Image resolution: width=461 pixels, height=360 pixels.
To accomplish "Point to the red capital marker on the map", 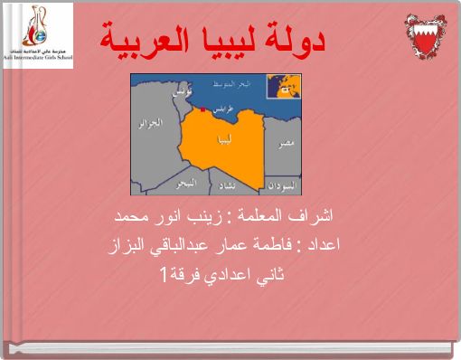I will (x=204, y=111).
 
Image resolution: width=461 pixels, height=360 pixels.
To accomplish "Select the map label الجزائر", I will (x=149, y=124).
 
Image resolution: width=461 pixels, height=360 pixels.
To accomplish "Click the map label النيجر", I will (x=184, y=184).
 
